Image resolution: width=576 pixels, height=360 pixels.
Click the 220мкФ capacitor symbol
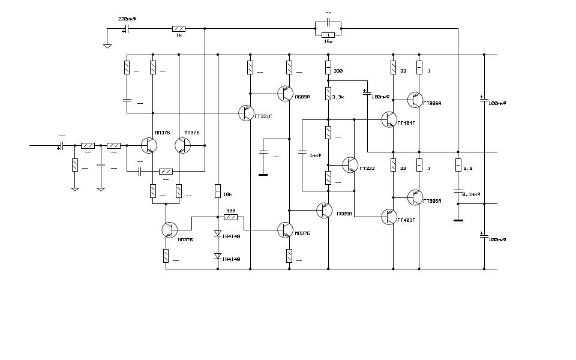click(x=127, y=28)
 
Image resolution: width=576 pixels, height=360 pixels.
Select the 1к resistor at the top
click(x=179, y=28)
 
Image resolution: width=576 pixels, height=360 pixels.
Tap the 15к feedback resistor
click(x=328, y=35)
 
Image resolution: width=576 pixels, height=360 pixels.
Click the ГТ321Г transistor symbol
click(x=246, y=113)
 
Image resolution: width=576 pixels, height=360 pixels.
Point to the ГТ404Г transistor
click(x=389, y=120)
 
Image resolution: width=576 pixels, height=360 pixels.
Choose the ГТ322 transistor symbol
click(x=350, y=164)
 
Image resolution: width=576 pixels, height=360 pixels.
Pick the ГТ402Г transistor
click(x=389, y=217)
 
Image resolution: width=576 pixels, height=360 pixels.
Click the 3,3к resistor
click(x=328, y=94)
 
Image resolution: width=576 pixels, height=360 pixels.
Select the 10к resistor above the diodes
click(x=218, y=191)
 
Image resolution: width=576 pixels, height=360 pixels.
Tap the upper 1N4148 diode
click(x=218, y=235)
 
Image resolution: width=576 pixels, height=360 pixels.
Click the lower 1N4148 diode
click(x=218, y=256)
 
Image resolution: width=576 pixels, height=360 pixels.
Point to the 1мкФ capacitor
click(x=302, y=154)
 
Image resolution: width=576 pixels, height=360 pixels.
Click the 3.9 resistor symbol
click(x=458, y=164)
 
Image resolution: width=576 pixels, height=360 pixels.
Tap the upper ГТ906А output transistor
click(x=415, y=100)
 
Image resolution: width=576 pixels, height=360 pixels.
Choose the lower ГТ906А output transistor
click(x=415, y=197)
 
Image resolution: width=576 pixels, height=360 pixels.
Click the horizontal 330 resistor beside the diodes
click(x=230, y=217)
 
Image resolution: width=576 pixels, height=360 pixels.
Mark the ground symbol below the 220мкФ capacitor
click(x=107, y=46)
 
